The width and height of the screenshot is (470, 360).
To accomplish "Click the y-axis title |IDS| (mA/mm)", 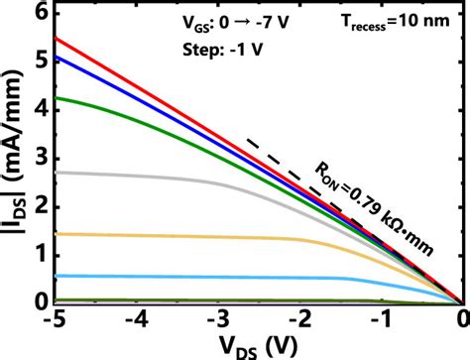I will click(14, 159).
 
